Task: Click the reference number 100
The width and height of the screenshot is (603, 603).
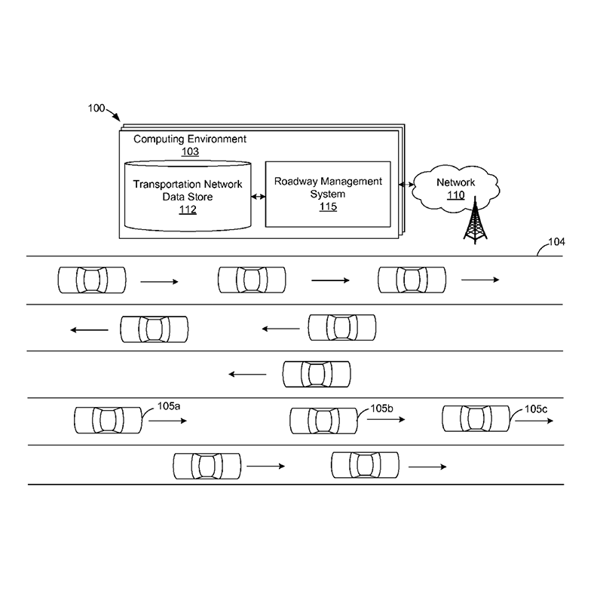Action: tap(96, 109)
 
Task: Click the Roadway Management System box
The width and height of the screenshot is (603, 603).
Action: tap(327, 193)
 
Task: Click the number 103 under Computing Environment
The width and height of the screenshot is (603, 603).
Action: tap(190, 152)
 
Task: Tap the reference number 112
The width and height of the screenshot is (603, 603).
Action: tap(188, 210)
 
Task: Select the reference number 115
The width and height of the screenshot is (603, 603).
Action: tap(328, 207)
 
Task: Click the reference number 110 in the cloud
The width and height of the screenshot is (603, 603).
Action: tap(456, 196)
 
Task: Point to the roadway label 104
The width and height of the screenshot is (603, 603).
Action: tap(556, 243)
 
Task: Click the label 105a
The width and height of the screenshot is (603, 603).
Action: tap(169, 406)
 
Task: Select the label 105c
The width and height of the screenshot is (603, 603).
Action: tap(537, 409)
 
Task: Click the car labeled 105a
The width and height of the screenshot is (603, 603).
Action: tap(108, 420)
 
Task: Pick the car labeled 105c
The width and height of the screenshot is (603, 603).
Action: tap(476, 418)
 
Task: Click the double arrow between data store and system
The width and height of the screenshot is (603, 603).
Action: tap(258, 197)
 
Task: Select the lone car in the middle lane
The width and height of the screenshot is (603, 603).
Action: tap(317, 374)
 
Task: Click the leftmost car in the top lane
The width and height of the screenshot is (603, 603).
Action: tap(92, 280)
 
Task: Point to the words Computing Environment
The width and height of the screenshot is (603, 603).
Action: tap(190, 139)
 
